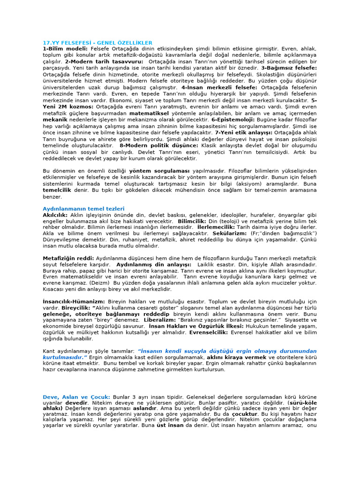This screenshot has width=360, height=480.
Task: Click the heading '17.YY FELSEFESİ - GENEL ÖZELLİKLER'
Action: (x=97, y=43)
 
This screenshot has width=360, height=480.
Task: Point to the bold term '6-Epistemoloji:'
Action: (x=233, y=120)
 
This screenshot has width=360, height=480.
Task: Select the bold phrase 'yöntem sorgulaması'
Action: (x=153, y=171)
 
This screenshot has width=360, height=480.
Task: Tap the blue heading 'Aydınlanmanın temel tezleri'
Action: (x=83, y=209)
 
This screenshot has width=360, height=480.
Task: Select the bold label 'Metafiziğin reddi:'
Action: (x=68, y=258)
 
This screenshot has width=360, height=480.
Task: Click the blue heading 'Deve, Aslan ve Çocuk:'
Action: (x=76, y=397)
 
